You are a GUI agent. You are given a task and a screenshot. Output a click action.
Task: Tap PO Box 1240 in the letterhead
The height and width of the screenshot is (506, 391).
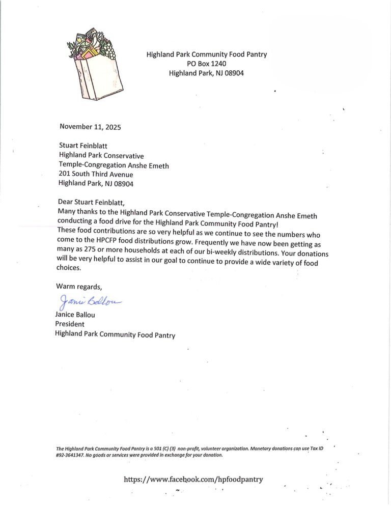(x=206, y=64)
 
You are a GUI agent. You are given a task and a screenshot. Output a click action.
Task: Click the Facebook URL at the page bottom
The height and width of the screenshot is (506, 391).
(x=194, y=479)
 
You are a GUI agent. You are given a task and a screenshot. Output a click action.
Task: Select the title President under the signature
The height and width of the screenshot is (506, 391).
(x=69, y=324)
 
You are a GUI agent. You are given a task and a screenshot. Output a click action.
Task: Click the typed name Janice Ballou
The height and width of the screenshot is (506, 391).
(x=75, y=315)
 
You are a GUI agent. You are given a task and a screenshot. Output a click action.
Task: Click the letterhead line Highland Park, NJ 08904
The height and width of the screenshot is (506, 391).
(x=206, y=73)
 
